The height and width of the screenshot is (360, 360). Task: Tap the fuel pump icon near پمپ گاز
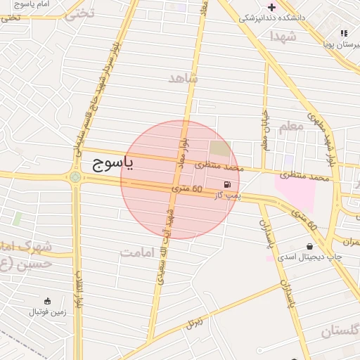pyautogui.click(x=226, y=186)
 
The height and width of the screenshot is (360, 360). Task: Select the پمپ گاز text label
pyautogui.click(x=227, y=197)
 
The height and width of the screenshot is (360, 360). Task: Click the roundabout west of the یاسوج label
pyautogui.click(x=75, y=176)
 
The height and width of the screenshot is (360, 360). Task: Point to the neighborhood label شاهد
pyautogui.click(x=184, y=77)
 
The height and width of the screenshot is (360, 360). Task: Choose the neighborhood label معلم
pyautogui.click(x=291, y=127)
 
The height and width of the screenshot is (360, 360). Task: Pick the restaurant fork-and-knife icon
pyautogui.click(x=344, y=33)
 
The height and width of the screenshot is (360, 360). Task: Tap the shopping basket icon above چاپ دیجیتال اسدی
pyautogui.click(x=309, y=246)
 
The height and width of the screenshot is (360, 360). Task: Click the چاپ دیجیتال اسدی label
pyautogui.click(x=309, y=257)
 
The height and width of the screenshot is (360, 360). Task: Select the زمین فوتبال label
pyautogui.click(x=48, y=312)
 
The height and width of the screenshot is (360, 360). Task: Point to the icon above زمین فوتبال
pyautogui.click(x=47, y=301)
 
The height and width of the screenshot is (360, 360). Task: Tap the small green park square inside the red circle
pyautogui.click(x=220, y=148)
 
